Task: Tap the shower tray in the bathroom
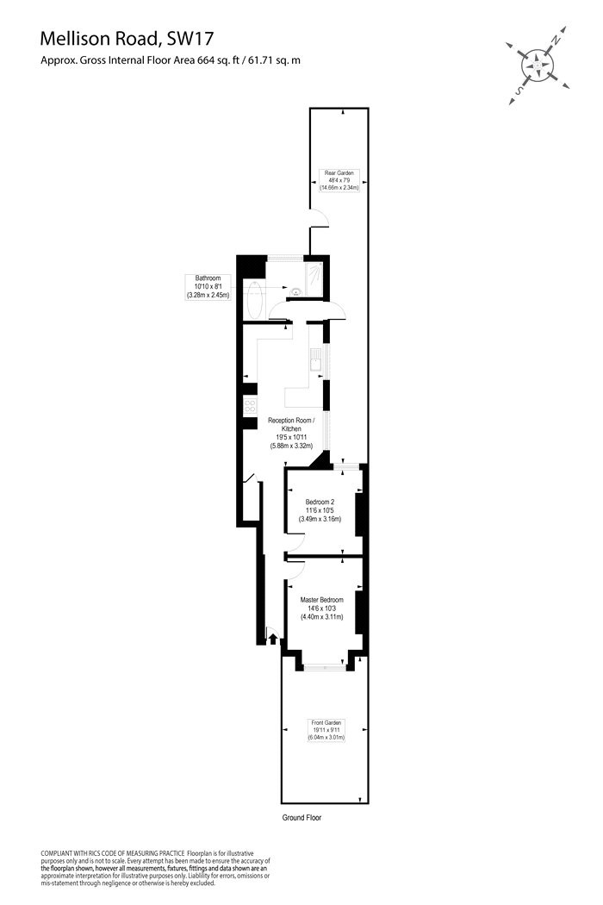[x=314, y=278]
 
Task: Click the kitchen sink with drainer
[x=315, y=359]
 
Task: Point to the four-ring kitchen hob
[x=250, y=406]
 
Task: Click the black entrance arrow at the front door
[x=273, y=639]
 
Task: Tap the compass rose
[x=538, y=66]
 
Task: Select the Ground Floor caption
[x=301, y=817]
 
